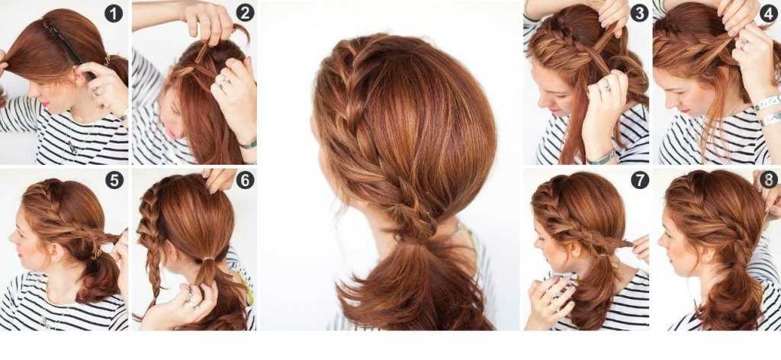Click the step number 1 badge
(x=114, y=13)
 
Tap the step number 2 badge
(x=245, y=12)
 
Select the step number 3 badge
(x=639, y=13)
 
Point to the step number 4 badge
(x=769, y=13)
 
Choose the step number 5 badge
(x=114, y=180)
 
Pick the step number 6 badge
(x=245, y=180)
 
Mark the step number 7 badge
(x=640, y=180)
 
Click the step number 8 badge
(x=768, y=179)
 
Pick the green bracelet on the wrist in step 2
(x=248, y=144)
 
